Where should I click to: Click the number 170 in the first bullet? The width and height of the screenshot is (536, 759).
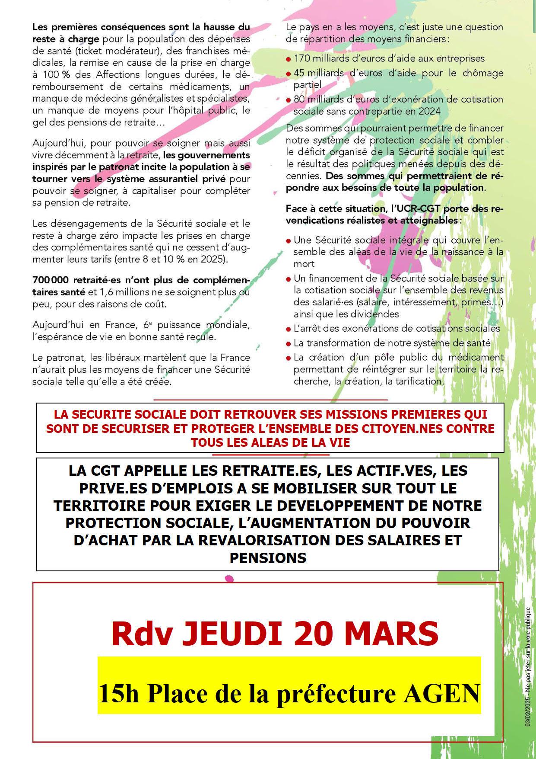point(302,58)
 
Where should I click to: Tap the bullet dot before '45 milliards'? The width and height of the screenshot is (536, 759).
point(288,74)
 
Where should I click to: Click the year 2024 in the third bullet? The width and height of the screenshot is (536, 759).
point(430,111)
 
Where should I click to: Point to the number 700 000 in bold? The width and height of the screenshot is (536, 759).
point(51,280)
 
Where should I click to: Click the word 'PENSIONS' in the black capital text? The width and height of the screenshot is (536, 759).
point(268,558)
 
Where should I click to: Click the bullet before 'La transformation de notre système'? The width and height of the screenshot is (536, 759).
point(288,344)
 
